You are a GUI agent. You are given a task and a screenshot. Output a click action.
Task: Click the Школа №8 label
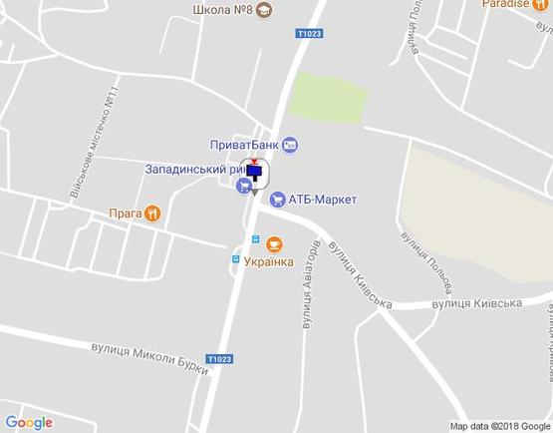[x=220, y=10]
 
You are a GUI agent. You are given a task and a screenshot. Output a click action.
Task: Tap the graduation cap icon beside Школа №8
[x=263, y=10]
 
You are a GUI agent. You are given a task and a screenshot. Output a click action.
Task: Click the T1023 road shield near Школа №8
[x=310, y=34]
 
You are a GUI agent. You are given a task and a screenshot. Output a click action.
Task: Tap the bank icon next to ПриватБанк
[x=289, y=146]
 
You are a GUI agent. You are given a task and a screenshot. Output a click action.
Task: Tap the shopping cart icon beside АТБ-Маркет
[x=278, y=200]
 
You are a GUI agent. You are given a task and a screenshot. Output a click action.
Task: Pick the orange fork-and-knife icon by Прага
[x=151, y=213]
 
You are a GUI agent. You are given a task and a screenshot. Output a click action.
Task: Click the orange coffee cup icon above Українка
[x=276, y=242]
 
